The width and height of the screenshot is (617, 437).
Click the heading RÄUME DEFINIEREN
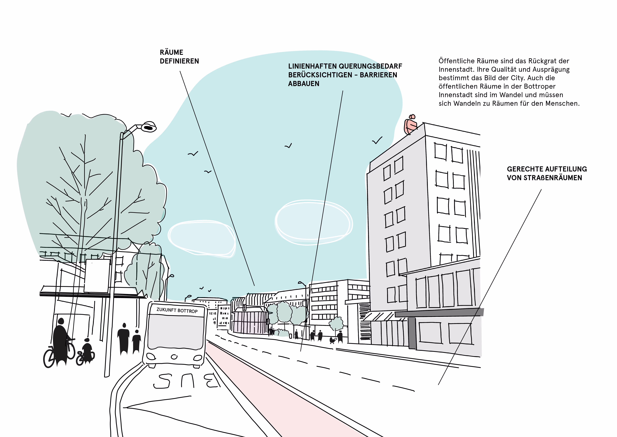click(179, 57)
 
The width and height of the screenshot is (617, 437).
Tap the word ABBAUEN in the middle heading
click(304, 84)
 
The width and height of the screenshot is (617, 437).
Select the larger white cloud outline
click(313, 222)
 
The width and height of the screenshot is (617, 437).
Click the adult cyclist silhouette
click(60, 342)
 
